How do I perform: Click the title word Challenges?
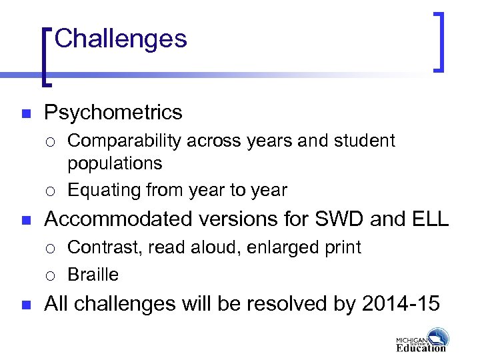[121, 39]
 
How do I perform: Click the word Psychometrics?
[113, 113]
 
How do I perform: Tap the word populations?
[115, 164]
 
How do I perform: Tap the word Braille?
[93, 275]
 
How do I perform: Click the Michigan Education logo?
[422, 340]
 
